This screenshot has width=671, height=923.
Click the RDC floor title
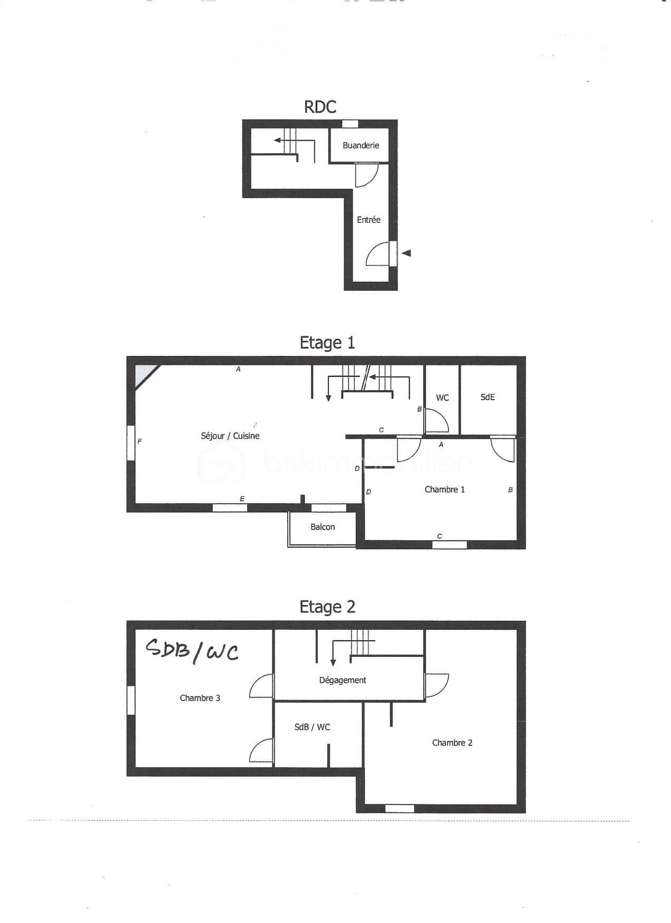[x=320, y=107]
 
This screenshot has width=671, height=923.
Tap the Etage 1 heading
[x=327, y=343]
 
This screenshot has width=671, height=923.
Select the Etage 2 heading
[x=327, y=607]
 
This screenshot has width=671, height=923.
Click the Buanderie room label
[x=361, y=145]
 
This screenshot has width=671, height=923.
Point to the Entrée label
[x=368, y=220]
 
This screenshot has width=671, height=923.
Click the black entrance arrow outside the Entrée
[x=406, y=253]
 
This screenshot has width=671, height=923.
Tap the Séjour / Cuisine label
[x=230, y=435]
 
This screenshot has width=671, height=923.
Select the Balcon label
[x=322, y=527]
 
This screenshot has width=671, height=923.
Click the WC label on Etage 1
[x=442, y=398]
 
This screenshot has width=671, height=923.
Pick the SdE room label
[x=488, y=397]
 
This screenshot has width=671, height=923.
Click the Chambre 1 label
[x=444, y=489]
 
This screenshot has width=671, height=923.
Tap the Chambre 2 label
[x=452, y=742]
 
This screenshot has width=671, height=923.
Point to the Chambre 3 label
[x=200, y=698]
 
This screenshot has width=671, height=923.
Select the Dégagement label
[x=342, y=680]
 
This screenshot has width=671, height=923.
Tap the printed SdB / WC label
[x=312, y=727]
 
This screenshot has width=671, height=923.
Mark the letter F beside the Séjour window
[x=140, y=441]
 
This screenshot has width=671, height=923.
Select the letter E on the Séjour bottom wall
[x=242, y=499]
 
